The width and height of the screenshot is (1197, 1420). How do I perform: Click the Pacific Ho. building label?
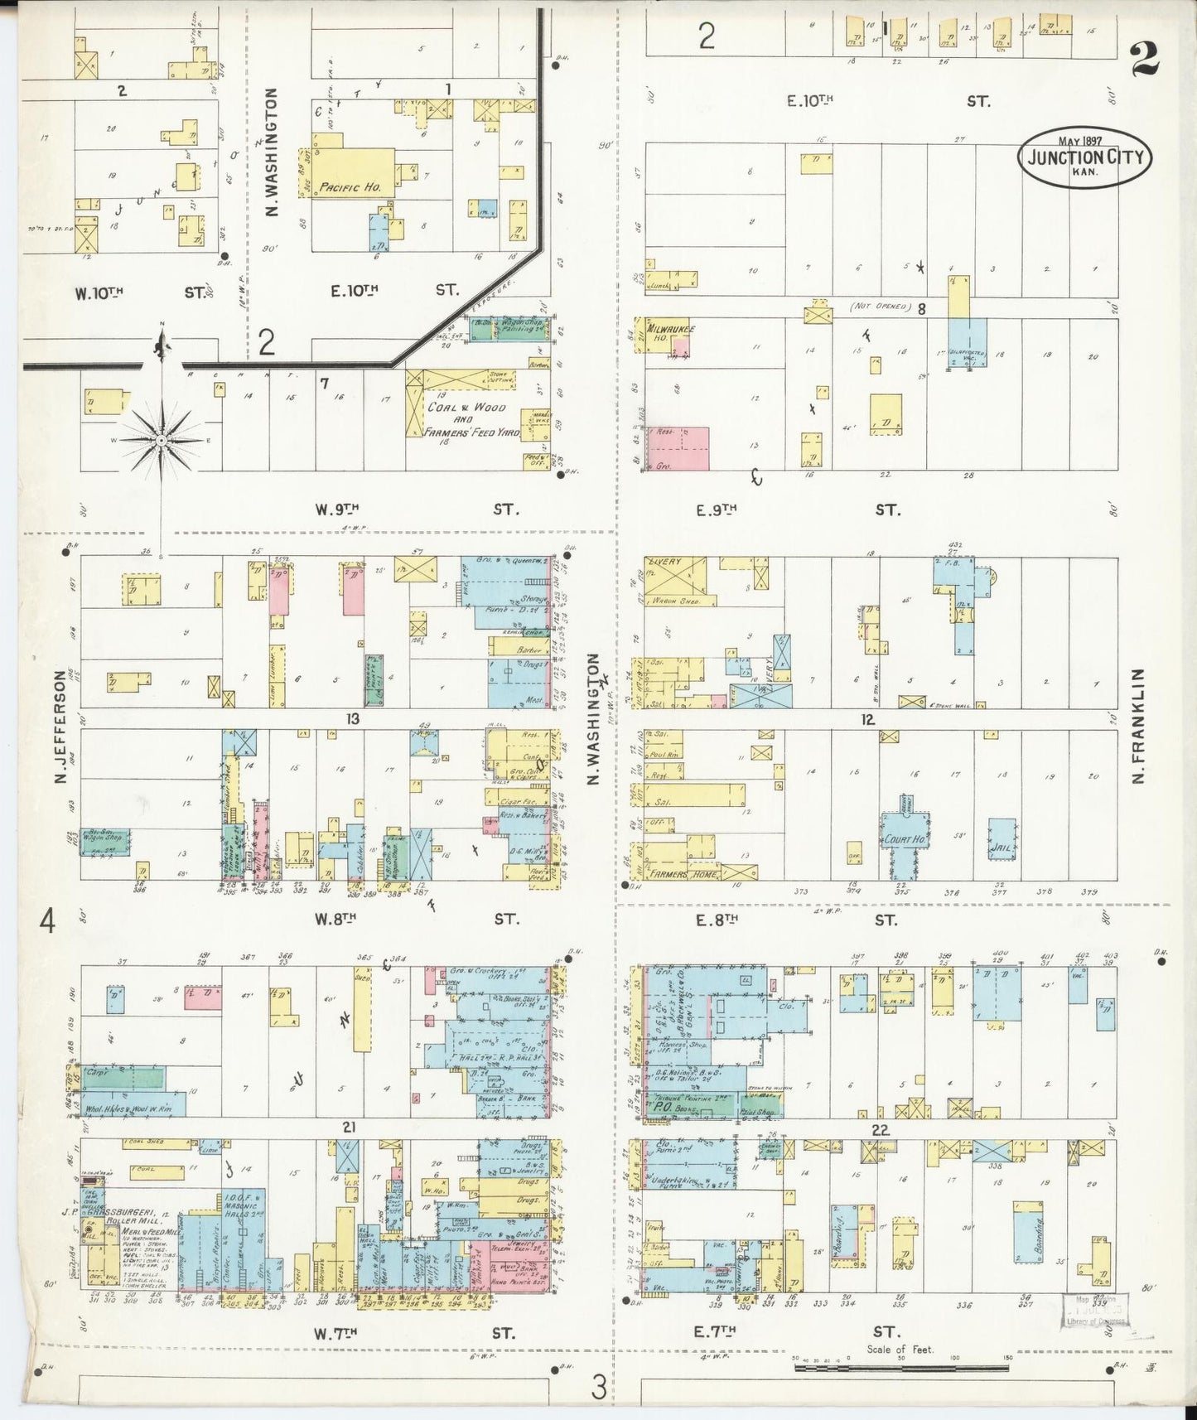[x=350, y=187]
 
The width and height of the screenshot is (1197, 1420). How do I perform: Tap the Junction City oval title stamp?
[x=1084, y=157]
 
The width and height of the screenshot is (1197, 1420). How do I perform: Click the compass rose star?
[x=161, y=439]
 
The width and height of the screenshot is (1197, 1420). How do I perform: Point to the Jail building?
[x=1002, y=848]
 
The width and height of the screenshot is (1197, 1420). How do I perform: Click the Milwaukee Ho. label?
[x=670, y=334]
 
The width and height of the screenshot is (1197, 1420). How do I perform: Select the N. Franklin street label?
[x=1138, y=726]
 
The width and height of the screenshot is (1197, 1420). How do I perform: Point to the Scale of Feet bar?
[x=904, y=1367]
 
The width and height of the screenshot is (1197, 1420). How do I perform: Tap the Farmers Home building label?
[x=684, y=873]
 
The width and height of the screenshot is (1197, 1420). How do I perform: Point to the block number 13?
[x=353, y=718]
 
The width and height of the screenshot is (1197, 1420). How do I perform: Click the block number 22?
[x=880, y=1130]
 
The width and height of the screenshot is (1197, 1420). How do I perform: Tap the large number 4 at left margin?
[x=48, y=920]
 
